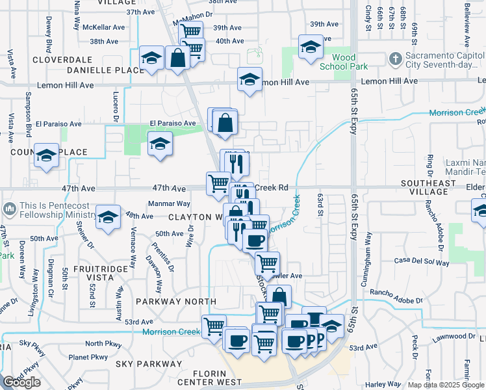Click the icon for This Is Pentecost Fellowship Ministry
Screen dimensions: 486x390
click(9, 209)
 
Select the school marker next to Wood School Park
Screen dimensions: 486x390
click(311, 47)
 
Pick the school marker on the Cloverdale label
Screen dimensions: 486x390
click(152, 59)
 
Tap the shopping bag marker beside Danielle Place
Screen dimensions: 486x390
click(177, 58)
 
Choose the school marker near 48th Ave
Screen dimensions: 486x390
click(109, 218)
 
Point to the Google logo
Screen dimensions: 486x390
click(21, 382)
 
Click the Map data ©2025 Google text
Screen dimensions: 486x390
click(446, 385)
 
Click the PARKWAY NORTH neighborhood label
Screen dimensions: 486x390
click(175, 302)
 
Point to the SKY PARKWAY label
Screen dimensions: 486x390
click(149, 363)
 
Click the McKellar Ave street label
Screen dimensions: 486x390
click(108, 27)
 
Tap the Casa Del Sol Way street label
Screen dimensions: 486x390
click(421, 263)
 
